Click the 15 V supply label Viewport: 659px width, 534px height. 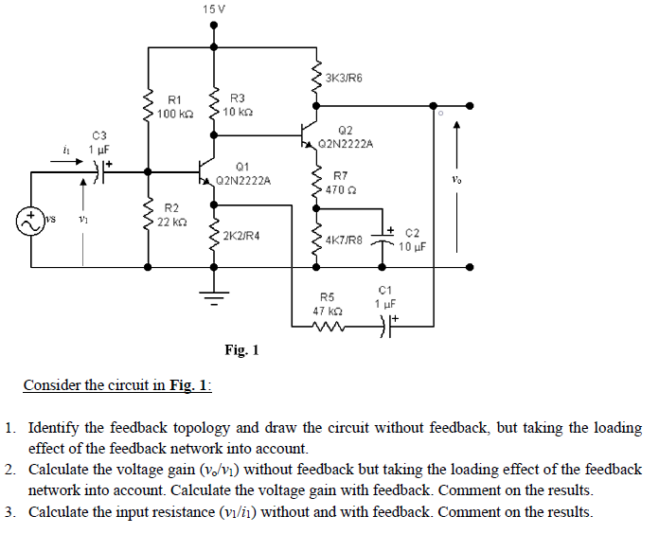(x=213, y=9)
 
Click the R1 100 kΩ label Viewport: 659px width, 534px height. (x=175, y=107)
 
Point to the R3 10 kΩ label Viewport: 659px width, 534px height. (x=238, y=105)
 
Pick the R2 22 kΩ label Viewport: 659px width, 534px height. (x=171, y=215)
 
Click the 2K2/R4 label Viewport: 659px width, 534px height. (x=241, y=236)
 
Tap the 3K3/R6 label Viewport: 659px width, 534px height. (x=344, y=78)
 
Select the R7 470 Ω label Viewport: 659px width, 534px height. (x=341, y=183)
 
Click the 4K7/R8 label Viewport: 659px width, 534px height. (x=344, y=240)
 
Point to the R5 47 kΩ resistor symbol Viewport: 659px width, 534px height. (x=329, y=326)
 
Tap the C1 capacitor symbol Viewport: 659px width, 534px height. (x=387, y=326)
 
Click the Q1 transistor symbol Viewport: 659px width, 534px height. (x=206, y=172)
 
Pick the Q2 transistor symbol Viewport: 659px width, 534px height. (x=310, y=135)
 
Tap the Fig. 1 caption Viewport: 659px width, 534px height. (x=241, y=349)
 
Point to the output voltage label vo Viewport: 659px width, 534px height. (x=456, y=180)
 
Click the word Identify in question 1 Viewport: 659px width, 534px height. (x=53, y=428)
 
